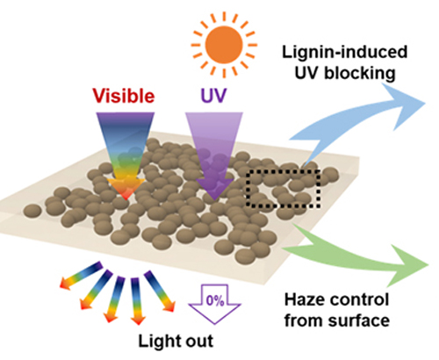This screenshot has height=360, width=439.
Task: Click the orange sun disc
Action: (224, 45)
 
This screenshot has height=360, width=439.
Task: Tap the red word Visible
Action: (124, 96)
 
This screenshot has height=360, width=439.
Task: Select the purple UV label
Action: (214, 95)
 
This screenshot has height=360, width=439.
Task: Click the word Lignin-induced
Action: (345, 52)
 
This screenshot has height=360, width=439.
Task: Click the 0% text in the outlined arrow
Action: (215, 300)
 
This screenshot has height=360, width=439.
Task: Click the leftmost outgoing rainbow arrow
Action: (81, 276)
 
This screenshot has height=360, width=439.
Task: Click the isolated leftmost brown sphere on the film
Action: (32, 211)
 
